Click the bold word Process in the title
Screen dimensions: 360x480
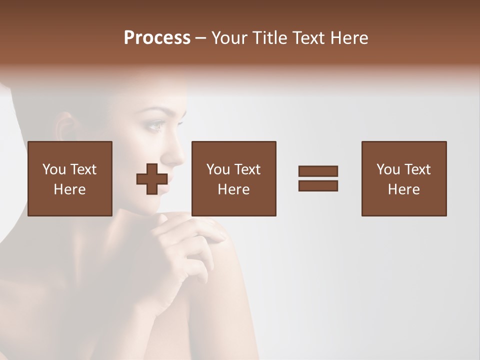tap(157, 38)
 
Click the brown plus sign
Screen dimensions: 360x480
tap(152, 178)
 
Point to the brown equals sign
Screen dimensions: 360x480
tap(318, 178)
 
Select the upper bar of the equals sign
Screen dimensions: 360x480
tap(318, 171)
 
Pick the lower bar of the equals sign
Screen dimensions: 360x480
tap(318, 185)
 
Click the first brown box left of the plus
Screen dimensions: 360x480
tap(70, 178)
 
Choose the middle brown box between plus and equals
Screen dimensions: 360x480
tap(234, 178)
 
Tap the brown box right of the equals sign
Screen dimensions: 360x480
tap(404, 178)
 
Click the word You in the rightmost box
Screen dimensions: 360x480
tap(388, 169)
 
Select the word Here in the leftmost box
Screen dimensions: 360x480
tap(70, 189)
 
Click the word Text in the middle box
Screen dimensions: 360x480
tap(247, 169)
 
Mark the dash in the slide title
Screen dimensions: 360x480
tap(201, 38)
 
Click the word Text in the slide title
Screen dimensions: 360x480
tap(305, 38)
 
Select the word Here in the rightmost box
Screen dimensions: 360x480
tap(404, 189)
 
